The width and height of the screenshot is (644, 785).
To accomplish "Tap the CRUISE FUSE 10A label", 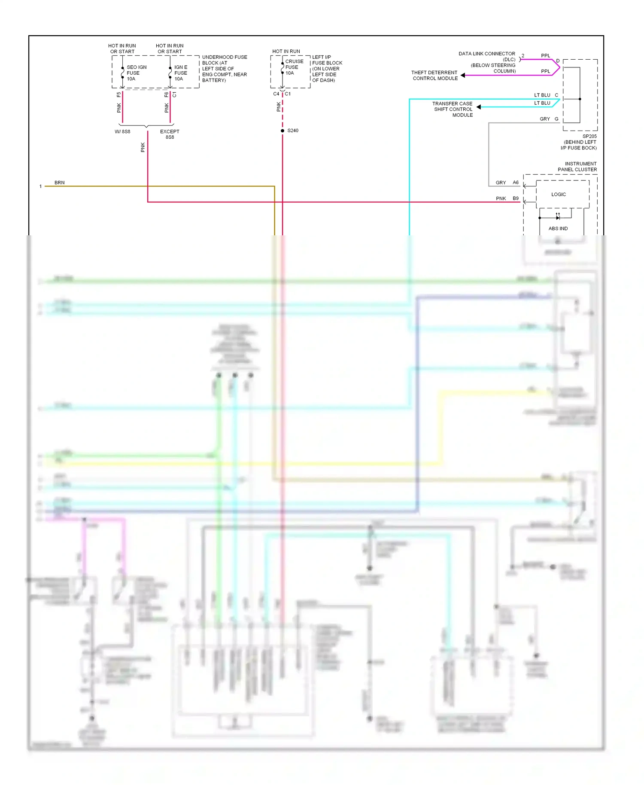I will point(294,67).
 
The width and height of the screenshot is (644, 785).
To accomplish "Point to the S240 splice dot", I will point(283,131).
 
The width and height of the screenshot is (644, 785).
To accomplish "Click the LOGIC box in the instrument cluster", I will point(559,195).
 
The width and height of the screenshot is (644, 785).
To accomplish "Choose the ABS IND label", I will point(558,228).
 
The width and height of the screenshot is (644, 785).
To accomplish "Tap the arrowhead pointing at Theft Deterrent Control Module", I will point(463,76).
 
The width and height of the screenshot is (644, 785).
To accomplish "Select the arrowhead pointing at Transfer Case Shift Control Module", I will point(479,107).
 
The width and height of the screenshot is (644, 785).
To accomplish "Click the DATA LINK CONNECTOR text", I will point(486,54).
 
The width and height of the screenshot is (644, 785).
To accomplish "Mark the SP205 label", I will point(589,136).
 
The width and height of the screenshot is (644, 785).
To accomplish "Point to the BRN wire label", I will point(59,183).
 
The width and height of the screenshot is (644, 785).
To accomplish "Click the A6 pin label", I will point(516,183).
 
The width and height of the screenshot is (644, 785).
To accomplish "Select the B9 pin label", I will point(516,198).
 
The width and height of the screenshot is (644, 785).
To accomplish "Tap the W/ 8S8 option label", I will point(122,131).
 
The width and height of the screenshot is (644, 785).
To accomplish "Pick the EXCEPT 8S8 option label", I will point(170,134).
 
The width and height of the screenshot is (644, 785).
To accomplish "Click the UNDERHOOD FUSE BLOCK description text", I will point(225,69).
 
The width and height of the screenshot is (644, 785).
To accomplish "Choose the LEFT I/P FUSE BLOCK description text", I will point(327,69).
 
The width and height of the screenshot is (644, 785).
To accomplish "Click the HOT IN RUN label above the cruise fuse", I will point(286,51).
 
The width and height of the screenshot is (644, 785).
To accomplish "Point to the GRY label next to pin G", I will point(544,119).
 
